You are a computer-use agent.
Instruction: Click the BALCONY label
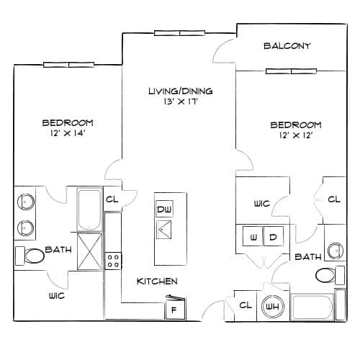click(x=287, y=46)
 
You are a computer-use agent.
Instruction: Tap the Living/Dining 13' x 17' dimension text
click(x=181, y=102)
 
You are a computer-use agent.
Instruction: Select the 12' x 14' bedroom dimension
click(x=68, y=133)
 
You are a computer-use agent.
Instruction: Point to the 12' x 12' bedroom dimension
click(x=296, y=135)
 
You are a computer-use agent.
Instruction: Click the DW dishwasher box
click(x=164, y=209)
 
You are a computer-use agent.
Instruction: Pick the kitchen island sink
click(x=164, y=230)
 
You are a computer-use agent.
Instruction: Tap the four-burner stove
click(x=113, y=261)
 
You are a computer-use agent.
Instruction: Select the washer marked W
click(x=253, y=236)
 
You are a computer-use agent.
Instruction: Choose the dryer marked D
click(x=274, y=236)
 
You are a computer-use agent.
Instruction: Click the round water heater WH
click(x=273, y=307)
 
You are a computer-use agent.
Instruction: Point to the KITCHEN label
click(x=157, y=282)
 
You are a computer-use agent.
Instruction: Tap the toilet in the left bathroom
click(x=30, y=256)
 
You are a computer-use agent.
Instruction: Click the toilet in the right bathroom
click(x=330, y=275)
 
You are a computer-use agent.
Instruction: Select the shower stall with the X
click(x=89, y=251)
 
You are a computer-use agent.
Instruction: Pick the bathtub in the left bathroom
click(x=89, y=210)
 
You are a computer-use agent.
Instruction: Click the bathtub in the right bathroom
click(x=312, y=307)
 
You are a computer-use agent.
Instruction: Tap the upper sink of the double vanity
click(x=26, y=202)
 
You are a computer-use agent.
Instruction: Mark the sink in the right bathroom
click(x=336, y=251)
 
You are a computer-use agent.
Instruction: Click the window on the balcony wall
click(x=291, y=71)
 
